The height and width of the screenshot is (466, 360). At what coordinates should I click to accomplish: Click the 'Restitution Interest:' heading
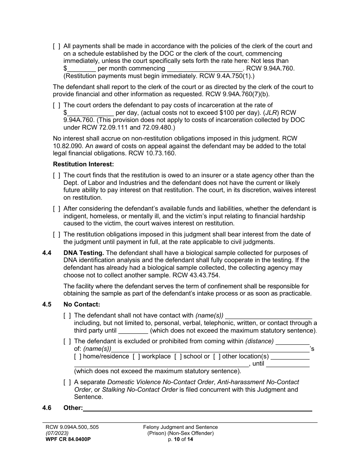click(83, 164)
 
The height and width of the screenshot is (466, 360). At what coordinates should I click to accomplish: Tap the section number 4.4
click(47, 253)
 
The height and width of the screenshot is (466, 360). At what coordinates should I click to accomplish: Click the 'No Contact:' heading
click(82, 304)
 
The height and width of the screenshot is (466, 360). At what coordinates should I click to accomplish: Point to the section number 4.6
click(47, 408)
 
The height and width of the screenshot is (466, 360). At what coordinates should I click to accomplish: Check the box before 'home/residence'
click(78, 357)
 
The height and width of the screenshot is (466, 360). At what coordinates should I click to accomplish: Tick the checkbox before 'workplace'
click(136, 357)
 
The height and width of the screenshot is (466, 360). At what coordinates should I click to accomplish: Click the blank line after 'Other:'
click(197, 408)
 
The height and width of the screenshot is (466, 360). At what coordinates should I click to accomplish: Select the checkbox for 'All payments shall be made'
click(56, 46)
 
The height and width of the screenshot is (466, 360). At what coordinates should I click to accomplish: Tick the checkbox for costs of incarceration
click(56, 105)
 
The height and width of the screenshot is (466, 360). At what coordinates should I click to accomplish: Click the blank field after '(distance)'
click(292, 341)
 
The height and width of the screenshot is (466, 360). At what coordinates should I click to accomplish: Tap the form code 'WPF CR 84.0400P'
click(68, 439)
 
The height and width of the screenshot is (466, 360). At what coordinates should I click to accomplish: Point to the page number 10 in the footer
click(177, 439)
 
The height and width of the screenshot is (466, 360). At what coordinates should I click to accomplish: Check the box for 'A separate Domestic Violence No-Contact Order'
click(67, 382)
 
